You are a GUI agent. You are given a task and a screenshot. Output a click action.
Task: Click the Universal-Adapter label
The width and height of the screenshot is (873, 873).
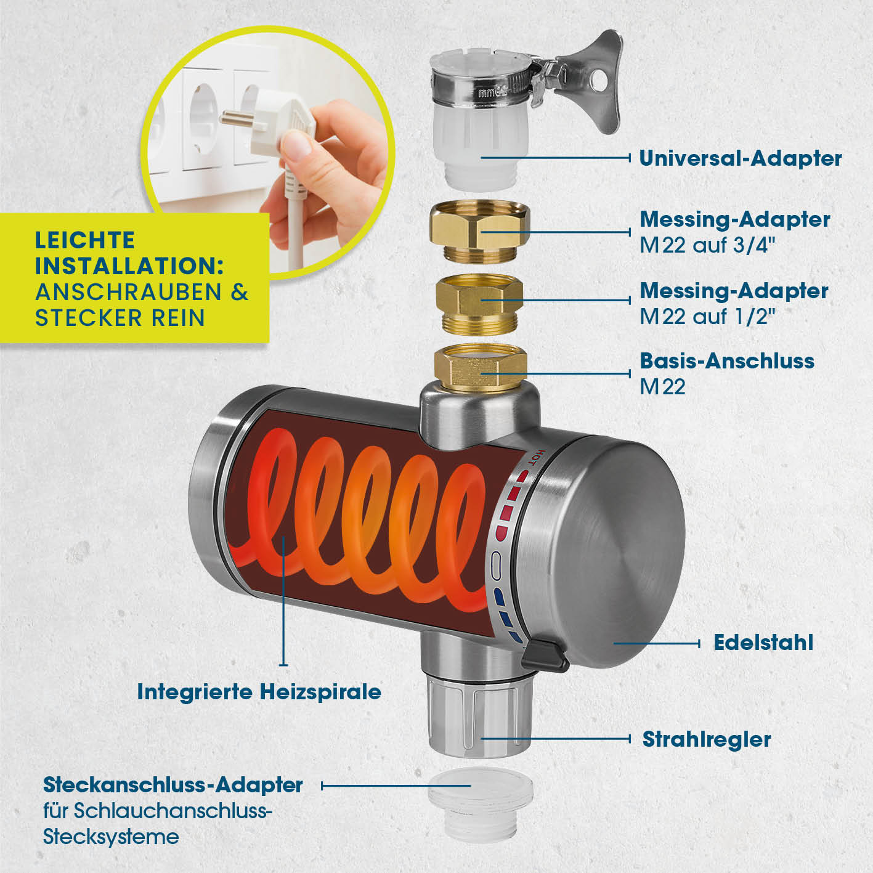[741, 158]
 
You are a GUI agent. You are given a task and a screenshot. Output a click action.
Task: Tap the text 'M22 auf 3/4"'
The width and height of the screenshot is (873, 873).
[708, 246]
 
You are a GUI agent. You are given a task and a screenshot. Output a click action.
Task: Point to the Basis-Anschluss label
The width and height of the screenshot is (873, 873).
[726, 361]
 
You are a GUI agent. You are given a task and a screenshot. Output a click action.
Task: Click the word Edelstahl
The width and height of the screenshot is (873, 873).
[763, 643]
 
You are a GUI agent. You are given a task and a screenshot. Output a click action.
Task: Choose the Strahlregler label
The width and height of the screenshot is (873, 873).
[707, 739]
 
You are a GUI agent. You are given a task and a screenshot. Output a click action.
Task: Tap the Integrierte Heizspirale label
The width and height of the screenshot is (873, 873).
[259, 692]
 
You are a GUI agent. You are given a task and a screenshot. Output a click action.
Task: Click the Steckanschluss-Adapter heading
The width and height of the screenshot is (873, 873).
[173, 785]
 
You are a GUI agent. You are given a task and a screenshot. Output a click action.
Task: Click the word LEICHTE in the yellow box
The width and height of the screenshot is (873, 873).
[85, 240]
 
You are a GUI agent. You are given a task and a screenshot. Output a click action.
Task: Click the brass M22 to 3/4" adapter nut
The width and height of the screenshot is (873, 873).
[479, 232]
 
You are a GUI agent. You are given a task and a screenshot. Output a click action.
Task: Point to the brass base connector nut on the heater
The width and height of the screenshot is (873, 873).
[480, 368]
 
